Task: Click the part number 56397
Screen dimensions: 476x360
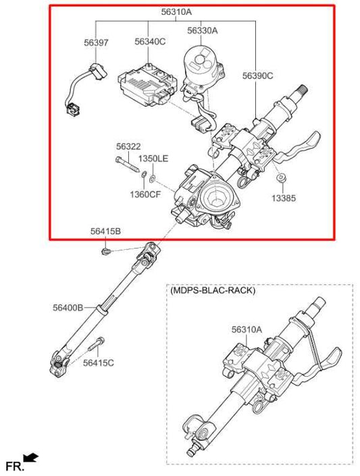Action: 96,42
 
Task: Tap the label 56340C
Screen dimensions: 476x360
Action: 150,42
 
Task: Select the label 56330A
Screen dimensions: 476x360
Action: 203,31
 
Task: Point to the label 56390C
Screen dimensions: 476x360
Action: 258,76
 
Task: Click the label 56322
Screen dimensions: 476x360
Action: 128,147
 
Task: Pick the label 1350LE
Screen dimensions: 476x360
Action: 153,159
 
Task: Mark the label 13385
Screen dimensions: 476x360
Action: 283,199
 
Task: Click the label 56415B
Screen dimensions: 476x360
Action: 105,232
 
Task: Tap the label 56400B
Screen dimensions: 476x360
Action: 68,308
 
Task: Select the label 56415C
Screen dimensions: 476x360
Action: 99,363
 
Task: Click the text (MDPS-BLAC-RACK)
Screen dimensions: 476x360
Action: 213,291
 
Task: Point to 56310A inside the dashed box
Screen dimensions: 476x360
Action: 246,329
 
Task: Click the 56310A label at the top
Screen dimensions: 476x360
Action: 176,11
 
